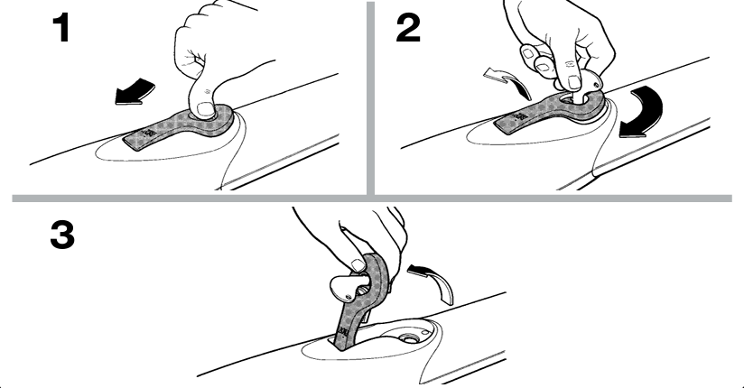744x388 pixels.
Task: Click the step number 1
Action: click(x=62, y=29)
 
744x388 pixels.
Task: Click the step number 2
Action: click(x=408, y=28)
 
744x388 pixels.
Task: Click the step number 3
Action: click(x=62, y=236)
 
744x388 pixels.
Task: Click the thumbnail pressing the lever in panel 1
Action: click(x=206, y=108)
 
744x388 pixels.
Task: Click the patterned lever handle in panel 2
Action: click(x=551, y=112)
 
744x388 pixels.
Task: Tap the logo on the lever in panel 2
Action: click(x=519, y=117)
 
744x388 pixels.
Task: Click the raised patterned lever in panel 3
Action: click(x=361, y=300)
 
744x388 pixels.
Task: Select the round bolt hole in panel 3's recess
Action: click(x=406, y=338)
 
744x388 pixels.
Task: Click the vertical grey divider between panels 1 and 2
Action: click(x=370, y=98)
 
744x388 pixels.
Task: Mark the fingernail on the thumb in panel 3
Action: click(x=356, y=265)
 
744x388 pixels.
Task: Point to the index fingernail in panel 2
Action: click(x=573, y=81)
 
